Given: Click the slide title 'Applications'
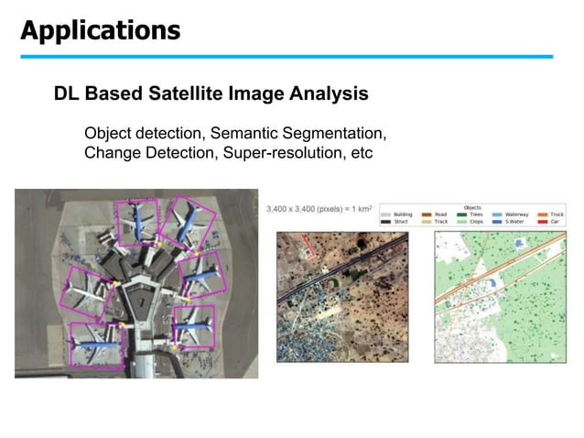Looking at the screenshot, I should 101,30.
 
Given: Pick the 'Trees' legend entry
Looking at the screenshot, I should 475,214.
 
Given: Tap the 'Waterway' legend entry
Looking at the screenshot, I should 517,214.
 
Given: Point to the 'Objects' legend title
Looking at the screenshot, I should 472,207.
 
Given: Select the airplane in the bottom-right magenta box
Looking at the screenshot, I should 194,326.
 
